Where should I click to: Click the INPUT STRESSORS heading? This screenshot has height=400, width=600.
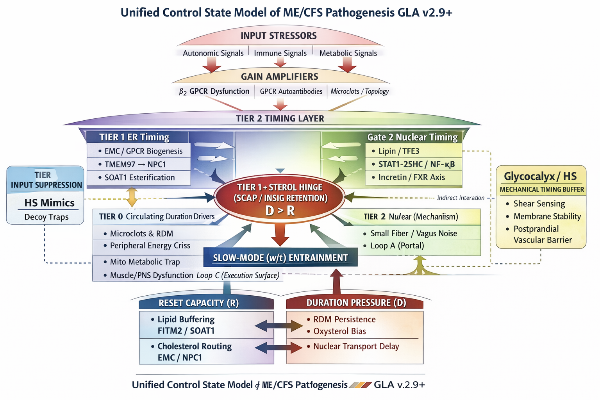[279, 36]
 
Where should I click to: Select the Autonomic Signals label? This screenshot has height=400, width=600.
[213, 53]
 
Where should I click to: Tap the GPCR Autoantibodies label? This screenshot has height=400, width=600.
[291, 91]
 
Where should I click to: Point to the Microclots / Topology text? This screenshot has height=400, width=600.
[359, 91]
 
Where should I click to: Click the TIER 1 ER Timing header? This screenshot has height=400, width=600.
[134, 137]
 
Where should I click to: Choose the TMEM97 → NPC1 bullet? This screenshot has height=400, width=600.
[135, 164]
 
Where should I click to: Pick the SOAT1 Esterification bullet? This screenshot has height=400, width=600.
[139, 177]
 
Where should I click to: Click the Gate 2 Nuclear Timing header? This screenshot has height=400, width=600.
[412, 137]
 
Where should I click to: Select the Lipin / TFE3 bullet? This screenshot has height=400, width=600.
[398, 151]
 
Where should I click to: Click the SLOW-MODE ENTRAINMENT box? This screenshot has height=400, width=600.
[280, 258]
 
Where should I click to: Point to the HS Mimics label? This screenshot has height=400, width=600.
[49, 203]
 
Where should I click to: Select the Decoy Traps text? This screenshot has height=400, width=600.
[46, 217]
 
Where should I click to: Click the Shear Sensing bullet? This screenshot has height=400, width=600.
[539, 204]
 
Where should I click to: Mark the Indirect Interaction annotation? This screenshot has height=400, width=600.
[461, 198]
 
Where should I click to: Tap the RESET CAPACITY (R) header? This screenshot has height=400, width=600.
[198, 303]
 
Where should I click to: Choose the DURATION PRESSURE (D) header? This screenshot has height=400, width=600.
[356, 303]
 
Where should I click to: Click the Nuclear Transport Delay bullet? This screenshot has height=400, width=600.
[356, 346]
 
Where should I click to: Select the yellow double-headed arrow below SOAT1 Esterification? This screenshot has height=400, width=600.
[132, 197]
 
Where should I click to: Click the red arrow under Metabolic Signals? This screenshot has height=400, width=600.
[347, 64]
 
